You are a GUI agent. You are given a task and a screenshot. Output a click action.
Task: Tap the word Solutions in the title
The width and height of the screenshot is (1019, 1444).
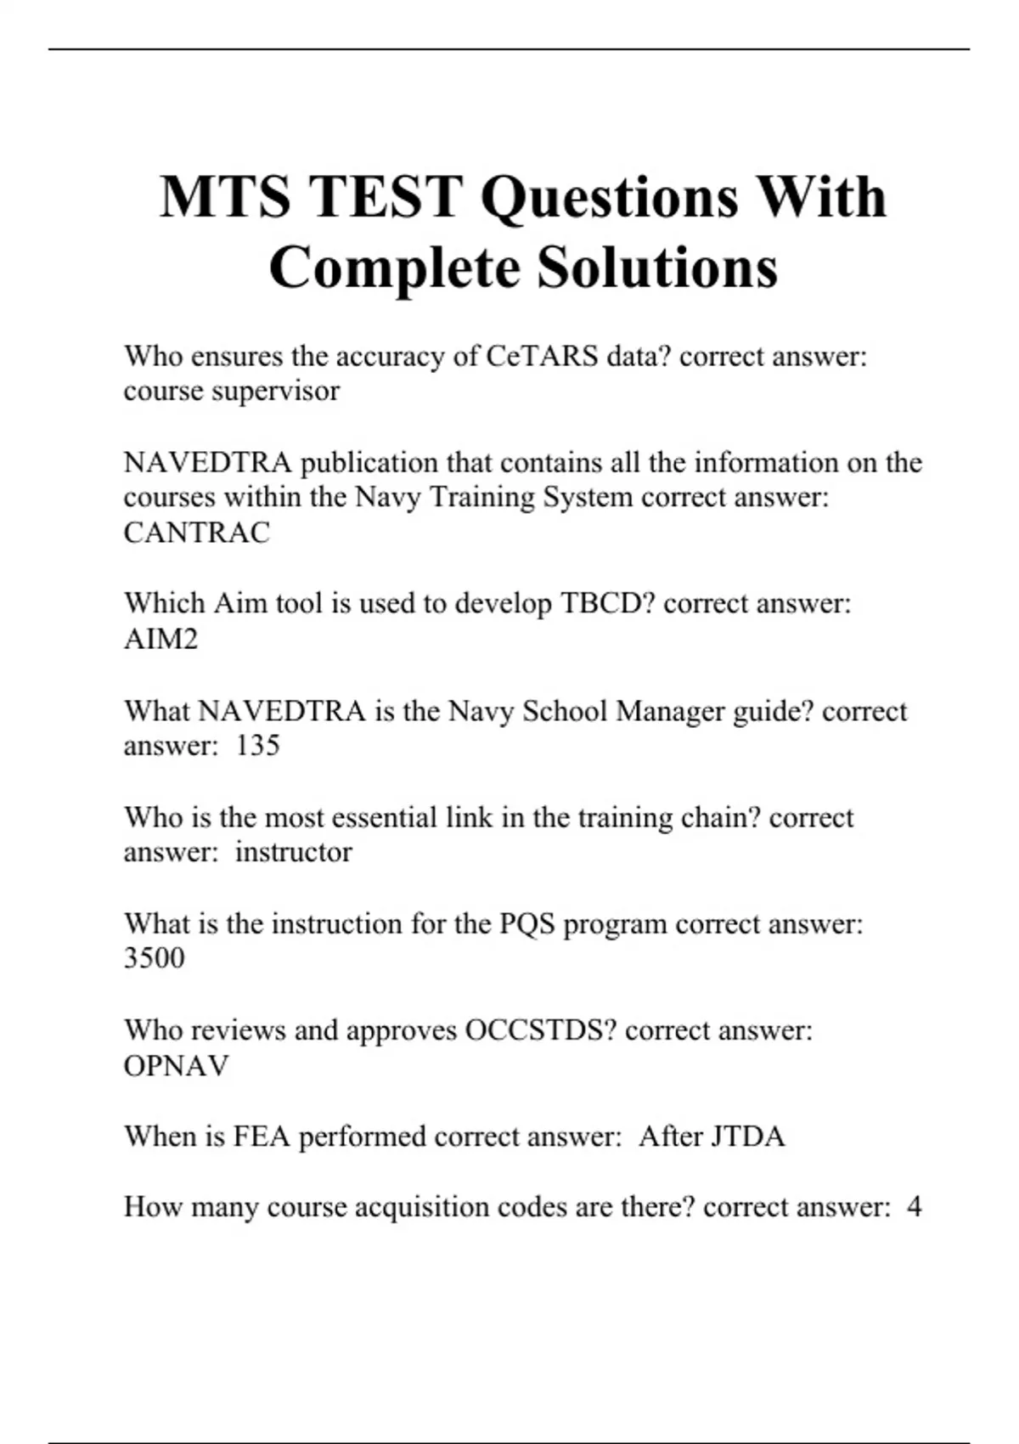[x=656, y=268]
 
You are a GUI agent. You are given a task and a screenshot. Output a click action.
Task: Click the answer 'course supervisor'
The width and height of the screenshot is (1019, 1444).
[x=232, y=391]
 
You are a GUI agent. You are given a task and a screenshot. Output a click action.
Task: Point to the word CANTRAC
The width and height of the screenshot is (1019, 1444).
[x=197, y=533]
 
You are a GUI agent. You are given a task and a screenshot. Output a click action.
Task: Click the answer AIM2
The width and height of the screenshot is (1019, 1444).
[x=161, y=639]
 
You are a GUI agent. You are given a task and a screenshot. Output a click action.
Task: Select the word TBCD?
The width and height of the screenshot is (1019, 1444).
[x=607, y=603]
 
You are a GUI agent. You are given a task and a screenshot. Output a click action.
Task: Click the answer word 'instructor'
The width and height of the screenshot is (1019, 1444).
[x=294, y=851]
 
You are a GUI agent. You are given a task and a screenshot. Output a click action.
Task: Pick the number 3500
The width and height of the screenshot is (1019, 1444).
[x=154, y=957]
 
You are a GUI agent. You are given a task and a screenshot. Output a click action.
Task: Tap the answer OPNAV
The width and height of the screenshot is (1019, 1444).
[x=177, y=1065]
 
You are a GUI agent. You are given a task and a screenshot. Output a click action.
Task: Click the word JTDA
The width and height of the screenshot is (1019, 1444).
[x=748, y=1137]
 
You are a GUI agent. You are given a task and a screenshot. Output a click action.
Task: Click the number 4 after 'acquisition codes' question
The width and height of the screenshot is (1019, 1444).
[x=914, y=1207]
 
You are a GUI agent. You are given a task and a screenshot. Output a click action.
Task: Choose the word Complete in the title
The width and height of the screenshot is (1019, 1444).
[x=395, y=268]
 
